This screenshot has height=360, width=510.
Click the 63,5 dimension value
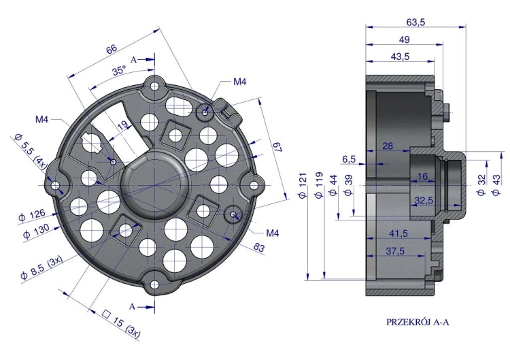415,22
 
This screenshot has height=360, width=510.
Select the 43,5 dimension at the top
400,56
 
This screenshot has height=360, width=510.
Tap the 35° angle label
119,71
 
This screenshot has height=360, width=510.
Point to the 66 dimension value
112,49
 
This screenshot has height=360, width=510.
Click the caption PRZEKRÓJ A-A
418,323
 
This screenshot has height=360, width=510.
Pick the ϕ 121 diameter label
303,186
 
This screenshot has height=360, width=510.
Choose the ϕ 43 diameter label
496,185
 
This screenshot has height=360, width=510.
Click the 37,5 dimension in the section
395,251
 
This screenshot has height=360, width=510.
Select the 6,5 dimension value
349,159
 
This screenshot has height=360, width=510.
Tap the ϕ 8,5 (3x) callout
41,268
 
